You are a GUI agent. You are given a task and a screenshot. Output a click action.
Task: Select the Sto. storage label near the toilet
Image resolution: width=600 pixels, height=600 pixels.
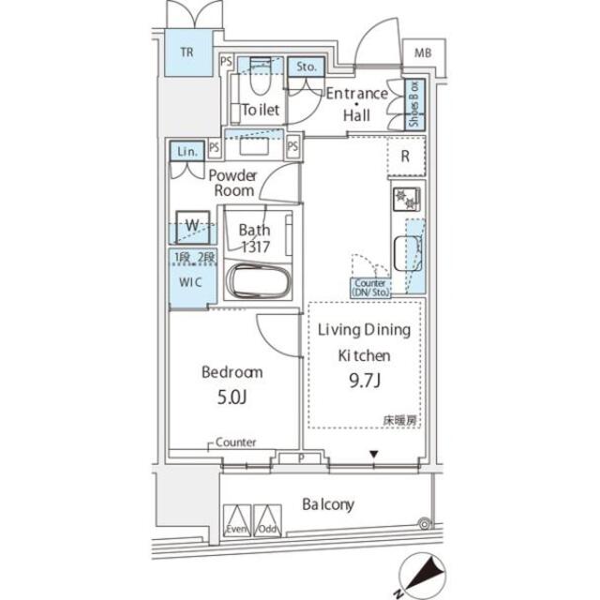(x=307, y=67)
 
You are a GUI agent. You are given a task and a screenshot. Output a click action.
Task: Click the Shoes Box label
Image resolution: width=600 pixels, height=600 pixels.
(x=413, y=104)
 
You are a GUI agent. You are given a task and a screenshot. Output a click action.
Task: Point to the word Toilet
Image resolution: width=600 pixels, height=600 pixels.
(x=260, y=110)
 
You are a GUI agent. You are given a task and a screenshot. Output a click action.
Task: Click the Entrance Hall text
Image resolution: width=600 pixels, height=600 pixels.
(x=355, y=103)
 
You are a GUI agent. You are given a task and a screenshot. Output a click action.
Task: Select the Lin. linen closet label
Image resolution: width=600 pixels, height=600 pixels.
(x=184, y=150)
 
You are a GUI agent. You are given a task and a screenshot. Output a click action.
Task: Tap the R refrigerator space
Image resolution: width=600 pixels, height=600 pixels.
(x=405, y=157)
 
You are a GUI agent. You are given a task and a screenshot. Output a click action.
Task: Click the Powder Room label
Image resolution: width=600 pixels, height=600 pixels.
(x=232, y=183)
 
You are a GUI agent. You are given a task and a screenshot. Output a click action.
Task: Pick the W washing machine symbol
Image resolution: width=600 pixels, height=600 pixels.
(x=191, y=225)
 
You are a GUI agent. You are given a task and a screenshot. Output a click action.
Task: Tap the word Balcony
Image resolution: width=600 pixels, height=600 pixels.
(x=327, y=505)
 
